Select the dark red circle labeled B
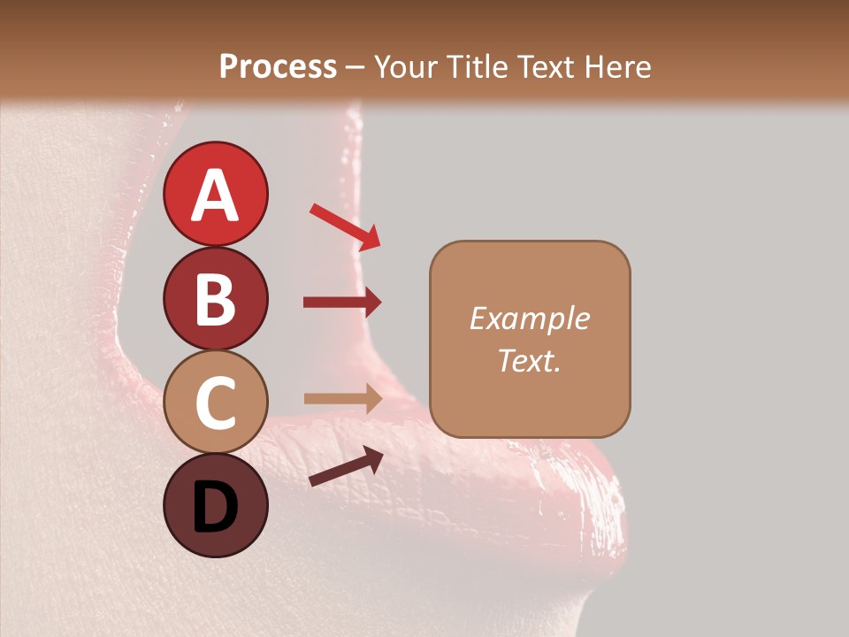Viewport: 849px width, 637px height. pyautogui.click(x=215, y=298)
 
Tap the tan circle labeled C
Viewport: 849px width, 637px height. pyautogui.click(x=215, y=403)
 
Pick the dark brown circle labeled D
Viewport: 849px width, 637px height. pyautogui.click(x=215, y=505)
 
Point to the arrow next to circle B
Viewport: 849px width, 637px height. pyautogui.click(x=343, y=303)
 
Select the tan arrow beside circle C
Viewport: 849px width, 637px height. pyautogui.click(x=343, y=399)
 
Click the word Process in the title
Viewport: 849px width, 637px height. pyautogui.click(x=278, y=66)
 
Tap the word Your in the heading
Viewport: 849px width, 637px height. pyautogui.click(x=406, y=66)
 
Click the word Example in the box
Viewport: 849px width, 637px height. pyautogui.click(x=529, y=318)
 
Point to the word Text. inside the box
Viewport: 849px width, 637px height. pyautogui.click(x=529, y=361)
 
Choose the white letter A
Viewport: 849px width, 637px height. pyautogui.click(x=215, y=195)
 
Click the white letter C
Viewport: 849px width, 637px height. pyautogui.click(x=215, y=403)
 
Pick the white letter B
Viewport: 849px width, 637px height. pyautogui.click(x=215, y=298)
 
